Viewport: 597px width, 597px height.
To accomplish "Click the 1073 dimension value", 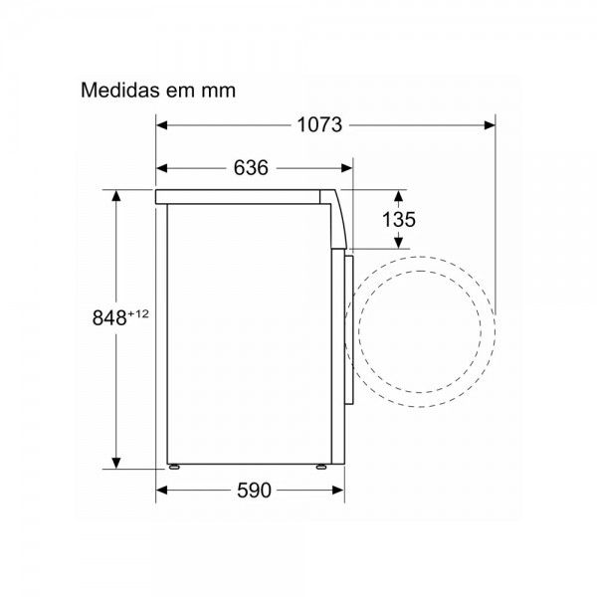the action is click(319, 125).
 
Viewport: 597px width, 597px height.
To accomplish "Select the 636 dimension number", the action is click(251, 168).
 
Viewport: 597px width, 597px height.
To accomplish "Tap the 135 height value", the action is click(399, 220).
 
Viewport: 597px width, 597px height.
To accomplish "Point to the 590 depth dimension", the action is click(254, 491).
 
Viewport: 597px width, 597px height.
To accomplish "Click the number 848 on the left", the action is click(109, 317).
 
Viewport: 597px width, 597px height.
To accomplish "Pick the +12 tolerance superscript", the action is click(138, 313).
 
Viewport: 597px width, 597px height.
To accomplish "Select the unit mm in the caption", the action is click(219, 92).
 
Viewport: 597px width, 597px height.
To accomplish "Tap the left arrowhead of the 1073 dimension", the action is click(161, 125).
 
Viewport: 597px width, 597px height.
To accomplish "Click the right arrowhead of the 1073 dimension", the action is click(490, 125).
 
